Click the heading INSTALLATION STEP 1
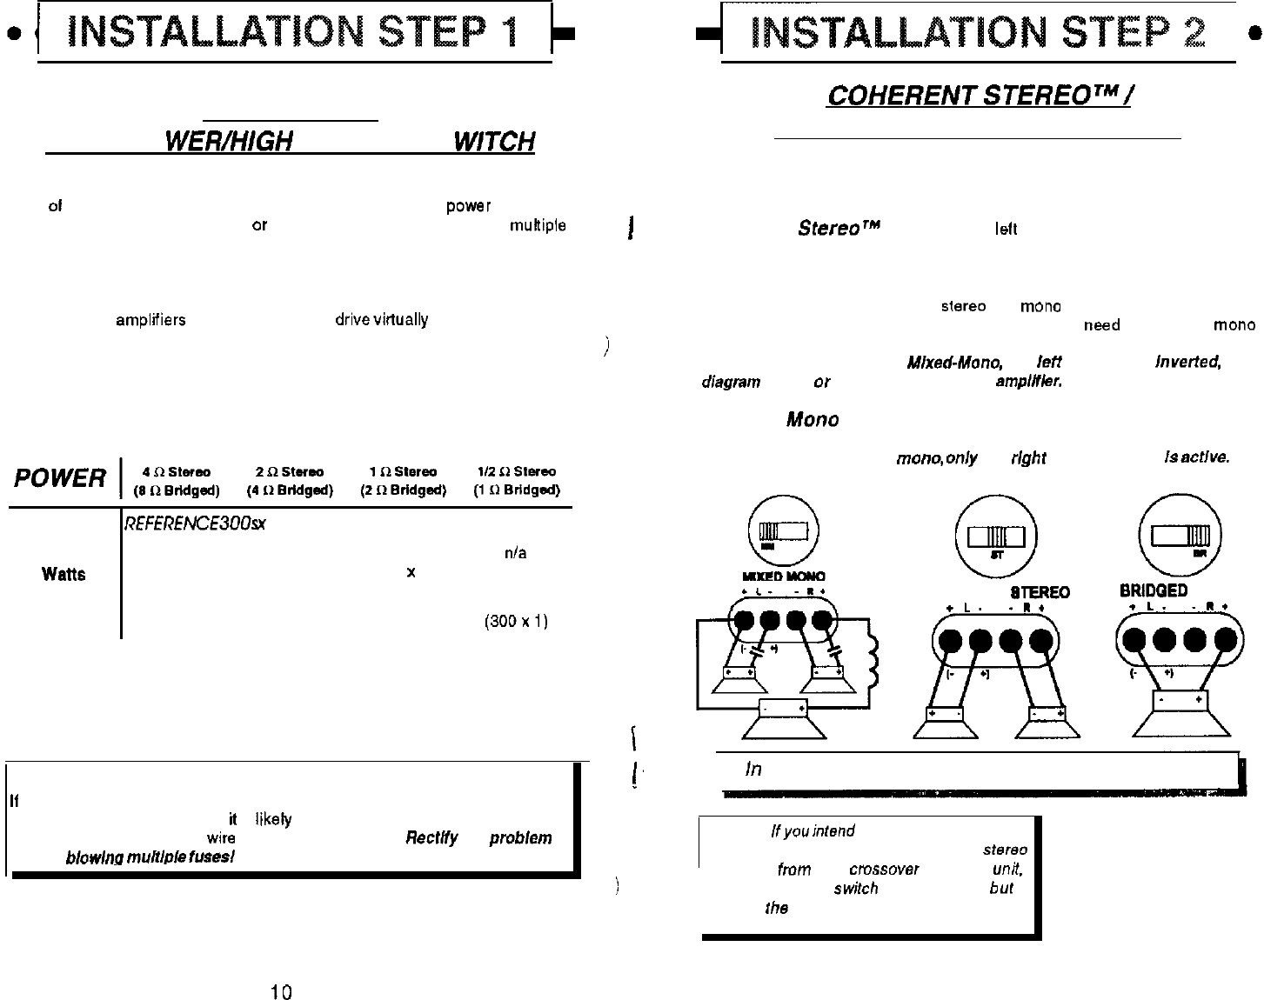click(294, 32)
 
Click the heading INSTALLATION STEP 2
click(978, 32)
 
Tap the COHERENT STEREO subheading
click(978, 95)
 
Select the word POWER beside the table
click(59, 478)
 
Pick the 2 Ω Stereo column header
click(290, 472)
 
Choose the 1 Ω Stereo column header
click(403, 472)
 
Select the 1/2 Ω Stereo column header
click(517, 472)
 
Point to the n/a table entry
click(515, 553)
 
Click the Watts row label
click(64, 574)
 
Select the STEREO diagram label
click(1040, 593)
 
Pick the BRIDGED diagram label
click(1154, 591)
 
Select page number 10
click(280, 991)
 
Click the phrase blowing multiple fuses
click(150, 857)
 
